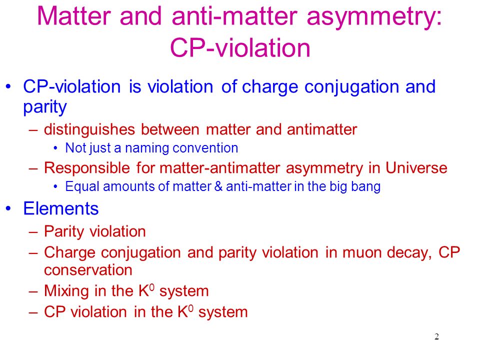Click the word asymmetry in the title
(x=374, y=17)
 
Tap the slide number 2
(x=436, y=336)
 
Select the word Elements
(x=61, y=209)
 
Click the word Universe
(x=416, y=168)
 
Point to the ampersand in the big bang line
(x=218, y=186)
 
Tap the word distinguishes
(x=89, y=129)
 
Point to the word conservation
(x=88, y=270)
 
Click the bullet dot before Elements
(x=8, y=208)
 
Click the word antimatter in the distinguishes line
(x=322, y=129)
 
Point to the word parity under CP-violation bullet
(x=45, y=107)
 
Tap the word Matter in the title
(x=74, y=16)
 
